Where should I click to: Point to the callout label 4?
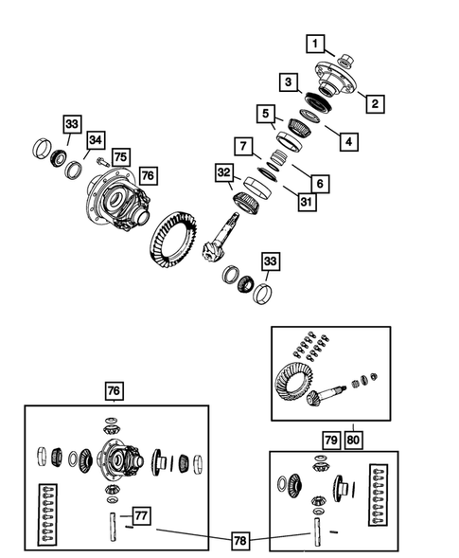click(349, 142)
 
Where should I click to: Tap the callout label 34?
click(96, 141)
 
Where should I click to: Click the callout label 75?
click(119, 157)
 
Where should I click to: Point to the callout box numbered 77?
click(140, 515)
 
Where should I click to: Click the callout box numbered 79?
click(330, 438)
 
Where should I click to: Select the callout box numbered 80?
click(353, 438)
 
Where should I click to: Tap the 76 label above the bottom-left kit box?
click(115, 390)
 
